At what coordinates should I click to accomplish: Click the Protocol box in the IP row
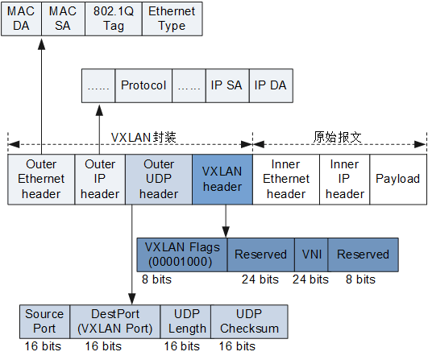pyautogui.click(x=143, y=85)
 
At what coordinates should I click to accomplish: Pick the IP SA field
pyautogui.click(x=226, y=85)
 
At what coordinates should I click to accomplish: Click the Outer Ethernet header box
pyautogui.click(x=41, y=179)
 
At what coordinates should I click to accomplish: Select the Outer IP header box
pyautogui.click(x=100, y=179)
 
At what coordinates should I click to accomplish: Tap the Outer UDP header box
pyautogui.click(x=159, y=179)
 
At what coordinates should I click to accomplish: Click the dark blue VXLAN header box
pyautogui.click(x=222, y=179)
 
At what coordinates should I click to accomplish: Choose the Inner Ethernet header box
pyautogui.click(x=286, y=179)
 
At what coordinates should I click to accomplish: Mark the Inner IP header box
pyautogui.click(x=345, y=179)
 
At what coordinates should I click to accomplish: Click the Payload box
pyautogui.click(x=397, y=179)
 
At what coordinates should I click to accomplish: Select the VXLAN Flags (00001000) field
pyautogui.click(x=182, y=254)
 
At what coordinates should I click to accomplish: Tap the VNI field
pyautogui.click(x=311, y=254)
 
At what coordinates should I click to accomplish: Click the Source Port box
pyautogui.click(x=44, y=321)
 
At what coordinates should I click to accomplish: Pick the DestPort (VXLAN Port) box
pyautogui.click(x=115, y=321)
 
